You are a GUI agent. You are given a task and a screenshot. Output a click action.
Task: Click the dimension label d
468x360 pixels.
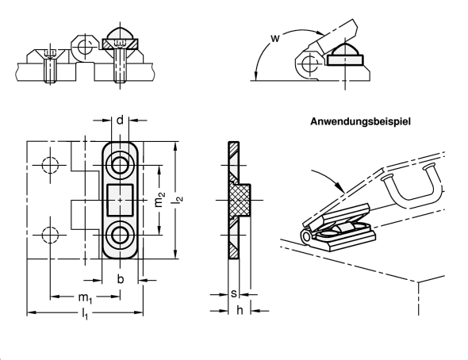pyautogui.click(x=120, y=121)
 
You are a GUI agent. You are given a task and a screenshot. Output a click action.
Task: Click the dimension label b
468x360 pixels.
pyautogui.click(x=121, y=279)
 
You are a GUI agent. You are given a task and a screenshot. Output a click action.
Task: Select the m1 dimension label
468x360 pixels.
pyautogui.click(x=85, y=297)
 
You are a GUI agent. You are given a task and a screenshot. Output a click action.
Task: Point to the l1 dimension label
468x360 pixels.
pyautogui.click(x=85, y=314)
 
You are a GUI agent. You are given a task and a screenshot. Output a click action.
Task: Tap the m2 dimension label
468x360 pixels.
pyautogui.click(x=159, y=200)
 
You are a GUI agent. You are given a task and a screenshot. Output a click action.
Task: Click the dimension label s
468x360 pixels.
pyautogui.click(x=234, y=293)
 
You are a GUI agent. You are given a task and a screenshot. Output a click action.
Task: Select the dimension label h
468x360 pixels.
pyautogui.click(x=240, y=310)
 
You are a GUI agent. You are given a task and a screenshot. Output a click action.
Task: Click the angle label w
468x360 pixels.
pyautogui.click(x=275, y=38)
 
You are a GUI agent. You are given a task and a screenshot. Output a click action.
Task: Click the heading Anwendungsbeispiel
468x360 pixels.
pyautogui.click(x=360, y=121)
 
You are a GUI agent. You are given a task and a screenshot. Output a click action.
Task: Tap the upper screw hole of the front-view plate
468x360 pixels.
pyautogui.click(x=120, y=165)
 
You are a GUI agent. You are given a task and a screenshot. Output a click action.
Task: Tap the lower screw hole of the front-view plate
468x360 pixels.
pyautogui.click(x=120, y=235)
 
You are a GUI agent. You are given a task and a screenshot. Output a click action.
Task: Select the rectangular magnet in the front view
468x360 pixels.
pyautogui.click(x=120, y=200)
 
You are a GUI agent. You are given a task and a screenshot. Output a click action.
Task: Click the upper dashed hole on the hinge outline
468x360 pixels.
pyautogui.click(x=50, y=165)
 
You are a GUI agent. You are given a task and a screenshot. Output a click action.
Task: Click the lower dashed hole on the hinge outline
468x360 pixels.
pyautogui.click(x=50, y=235)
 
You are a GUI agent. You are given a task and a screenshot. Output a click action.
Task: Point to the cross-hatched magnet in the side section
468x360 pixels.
pyautogui.click(x=240, y=200)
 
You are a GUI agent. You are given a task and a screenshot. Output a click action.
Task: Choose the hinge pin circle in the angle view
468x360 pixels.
pyautogui.click(x=309, y=63)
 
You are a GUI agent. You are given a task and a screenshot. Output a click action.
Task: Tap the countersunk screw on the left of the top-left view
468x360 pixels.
pyautogui.click(x=50, y=67)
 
